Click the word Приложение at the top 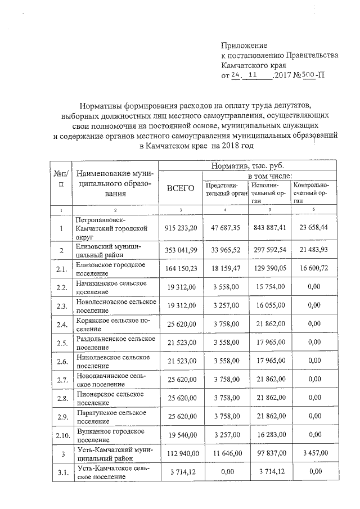coord(244,45)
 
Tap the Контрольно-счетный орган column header coord(312,192)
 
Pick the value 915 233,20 coord(181,228)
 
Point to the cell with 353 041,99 coord(181,250)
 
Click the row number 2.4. coord(61,325)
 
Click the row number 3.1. coord(61,472)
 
